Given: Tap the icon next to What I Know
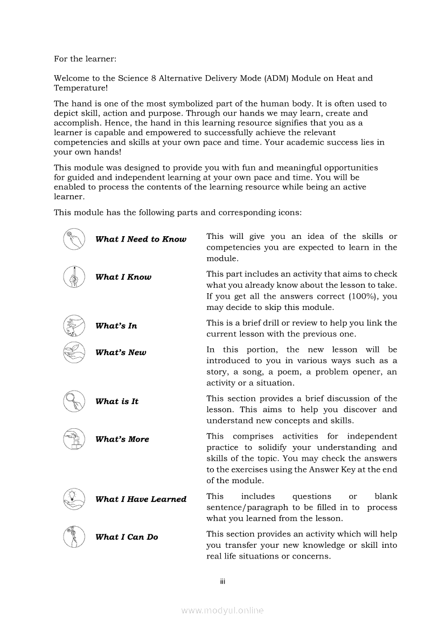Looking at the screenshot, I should (74, 277).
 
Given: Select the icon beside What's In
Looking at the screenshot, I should (74, 326).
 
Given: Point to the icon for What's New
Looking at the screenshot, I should (74, 352).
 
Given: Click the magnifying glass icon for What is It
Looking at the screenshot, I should (74, 401).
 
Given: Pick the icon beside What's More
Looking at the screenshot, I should (74, 439).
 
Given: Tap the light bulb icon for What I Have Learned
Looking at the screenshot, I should (74, 499).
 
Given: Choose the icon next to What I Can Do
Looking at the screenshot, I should (74, 537).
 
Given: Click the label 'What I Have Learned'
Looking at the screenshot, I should (141, 499).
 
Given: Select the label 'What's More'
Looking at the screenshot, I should (122, 439).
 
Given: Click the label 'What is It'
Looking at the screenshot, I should (117, 401).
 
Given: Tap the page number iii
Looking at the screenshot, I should (222, 582).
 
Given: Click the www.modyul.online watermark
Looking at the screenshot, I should (222, 611).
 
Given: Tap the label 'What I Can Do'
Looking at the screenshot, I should (127, 537).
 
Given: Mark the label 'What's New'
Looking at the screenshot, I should (121, 352).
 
